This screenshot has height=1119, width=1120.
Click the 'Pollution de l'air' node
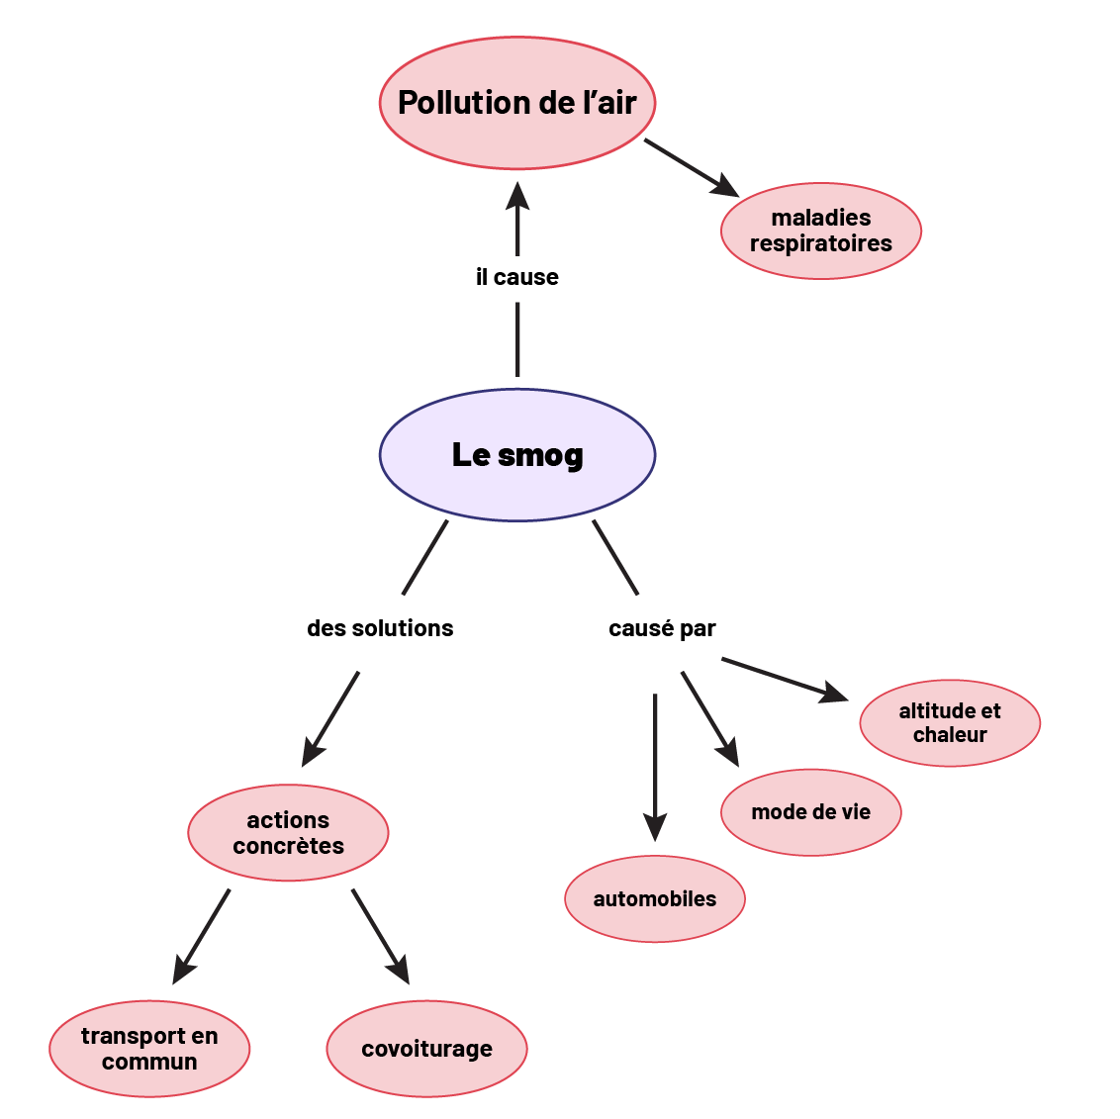pos(516,103)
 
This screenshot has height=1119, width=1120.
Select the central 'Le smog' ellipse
pos(516,455)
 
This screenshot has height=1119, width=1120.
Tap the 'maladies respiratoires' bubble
pos(820,231)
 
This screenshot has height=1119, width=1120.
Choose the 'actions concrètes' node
pos(288,832)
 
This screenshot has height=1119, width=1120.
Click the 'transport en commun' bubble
pos(149,1049)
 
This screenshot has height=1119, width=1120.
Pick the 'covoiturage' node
pos(426,1049)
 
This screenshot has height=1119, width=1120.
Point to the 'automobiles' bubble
pos(654,898)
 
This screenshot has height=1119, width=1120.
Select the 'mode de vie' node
pos(810,812)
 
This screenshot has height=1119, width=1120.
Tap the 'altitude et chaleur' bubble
pos(949,722)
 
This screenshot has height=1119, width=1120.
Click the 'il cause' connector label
pos(516,277)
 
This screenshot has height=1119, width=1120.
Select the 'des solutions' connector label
pos(380,628)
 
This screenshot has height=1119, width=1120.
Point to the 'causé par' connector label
pos(662,628)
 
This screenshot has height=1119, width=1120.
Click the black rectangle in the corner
pos(95,47)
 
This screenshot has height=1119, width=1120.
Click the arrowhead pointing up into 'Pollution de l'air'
pos(517,196)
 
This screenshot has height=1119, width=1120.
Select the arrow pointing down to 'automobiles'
pos(655,767)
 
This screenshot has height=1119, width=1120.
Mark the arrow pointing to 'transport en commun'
pos(202,936)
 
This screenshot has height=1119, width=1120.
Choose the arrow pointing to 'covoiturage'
pos(380,936)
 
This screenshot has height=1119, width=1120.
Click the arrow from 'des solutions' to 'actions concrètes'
pos(330,718)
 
